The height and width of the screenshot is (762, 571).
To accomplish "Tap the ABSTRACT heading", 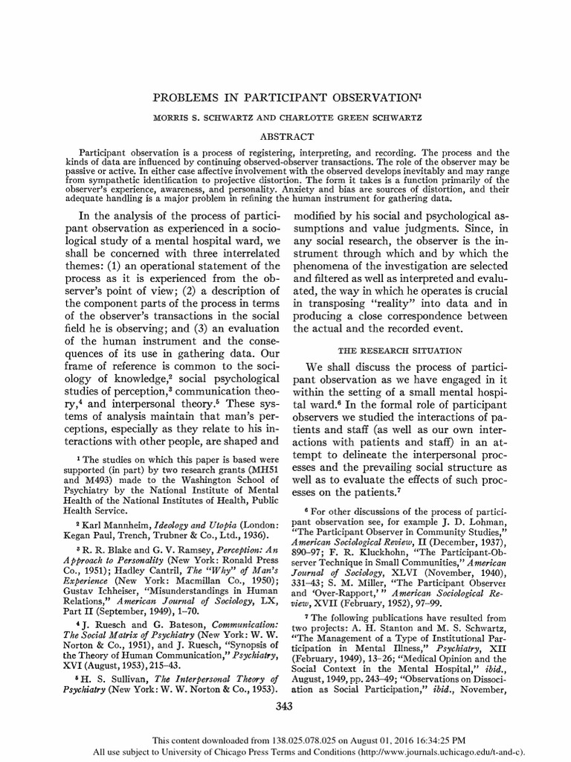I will [284, 135].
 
